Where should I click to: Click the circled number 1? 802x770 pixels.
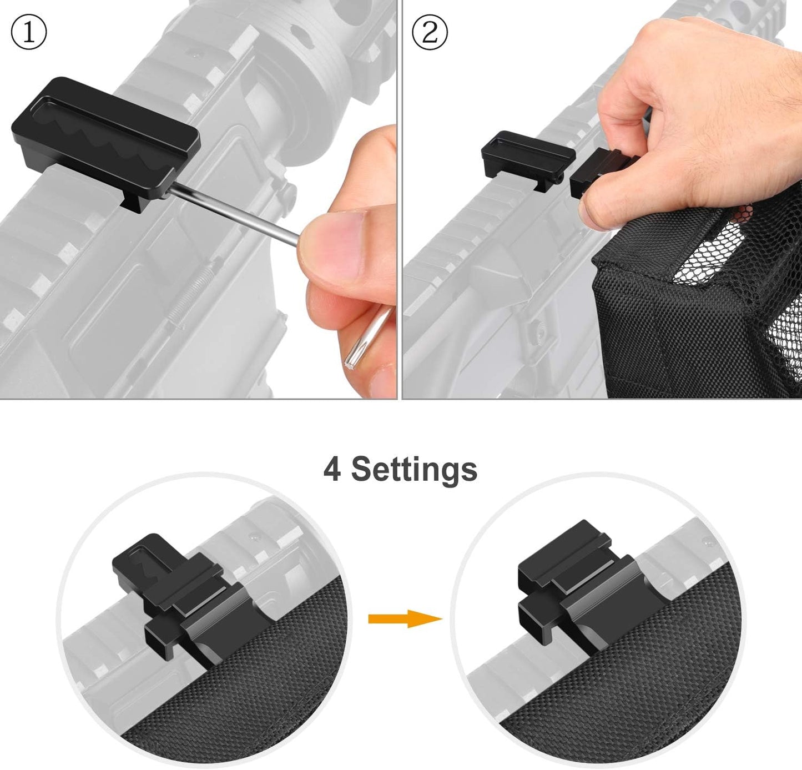pyautogui.click(x=29, y=33)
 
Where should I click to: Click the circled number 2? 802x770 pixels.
pyautogui.click(x=430, y=33)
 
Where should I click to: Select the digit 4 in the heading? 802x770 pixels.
pyautogui.click(x=332, y=469)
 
